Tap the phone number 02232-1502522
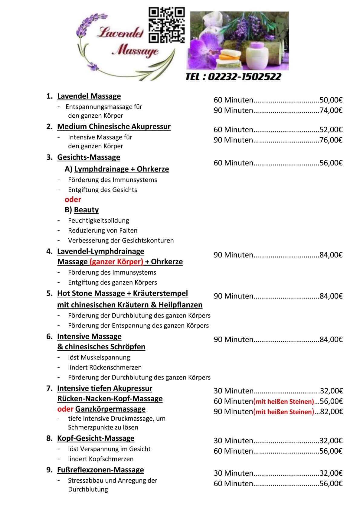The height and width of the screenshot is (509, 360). point(233,77)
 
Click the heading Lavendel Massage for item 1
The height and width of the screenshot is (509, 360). point(89,96)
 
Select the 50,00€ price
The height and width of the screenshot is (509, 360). point(331,100)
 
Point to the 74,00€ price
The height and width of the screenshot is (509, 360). point(331,110)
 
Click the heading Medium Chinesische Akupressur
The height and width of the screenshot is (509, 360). point(114,126)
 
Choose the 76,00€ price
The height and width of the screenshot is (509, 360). point(331,140)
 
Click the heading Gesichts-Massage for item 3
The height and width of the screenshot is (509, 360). point(89,157)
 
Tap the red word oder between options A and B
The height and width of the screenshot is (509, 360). point(73,200)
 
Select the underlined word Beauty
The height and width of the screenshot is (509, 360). point(86,210)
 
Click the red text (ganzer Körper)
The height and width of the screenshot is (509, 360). point(116,262)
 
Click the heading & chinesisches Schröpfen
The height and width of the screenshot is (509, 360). point(101,347)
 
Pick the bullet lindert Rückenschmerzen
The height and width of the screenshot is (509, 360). point(105,367)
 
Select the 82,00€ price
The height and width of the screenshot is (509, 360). point(332,412)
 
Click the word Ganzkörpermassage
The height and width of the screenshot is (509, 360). point(110,409)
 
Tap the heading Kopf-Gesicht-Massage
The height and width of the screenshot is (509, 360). point(96,438)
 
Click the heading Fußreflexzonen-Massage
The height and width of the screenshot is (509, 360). point(100,470)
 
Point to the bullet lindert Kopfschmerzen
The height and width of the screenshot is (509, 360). point(101,459)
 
